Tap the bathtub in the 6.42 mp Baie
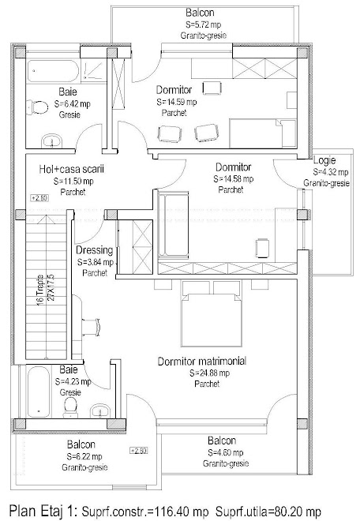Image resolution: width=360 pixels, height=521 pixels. pyautogui.click(x=53, y=71)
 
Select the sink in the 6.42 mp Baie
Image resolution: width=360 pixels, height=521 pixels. pyautogui.click(x=52, y=141)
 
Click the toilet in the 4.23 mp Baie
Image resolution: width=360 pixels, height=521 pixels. pyautogui.click(x=70, y=407)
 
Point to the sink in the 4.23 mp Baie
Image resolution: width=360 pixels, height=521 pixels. pyautogui.click(x=99, y=410)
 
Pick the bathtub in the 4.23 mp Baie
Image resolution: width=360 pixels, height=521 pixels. pyautogui.click(x=39, y=392)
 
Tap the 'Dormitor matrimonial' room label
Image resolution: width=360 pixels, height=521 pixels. pyautogui.click(x=202, y=362)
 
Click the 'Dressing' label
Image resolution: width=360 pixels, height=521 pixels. pyautogui.click(x=95, y=250)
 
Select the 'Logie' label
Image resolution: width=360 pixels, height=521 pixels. pyautogui.click(x=324, y=160)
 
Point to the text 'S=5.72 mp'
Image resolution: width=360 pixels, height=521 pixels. pyautogui.click(x=203, y=24)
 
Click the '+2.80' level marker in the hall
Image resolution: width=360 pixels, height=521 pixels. pyautogui.click(x=40, y=198)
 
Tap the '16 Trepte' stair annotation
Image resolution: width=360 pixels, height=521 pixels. pyautogui.click(x=40, y=290)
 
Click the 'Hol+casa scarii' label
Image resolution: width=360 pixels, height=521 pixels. pyautogui.click(x=72, y=169)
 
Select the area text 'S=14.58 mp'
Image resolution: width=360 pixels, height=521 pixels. pyautogui.click(x=234, y=179)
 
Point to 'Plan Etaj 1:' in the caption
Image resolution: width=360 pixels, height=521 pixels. pyautogui.click(x=43, y=511)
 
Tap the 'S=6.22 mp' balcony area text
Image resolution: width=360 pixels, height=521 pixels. pyautogui.click(x=84, y=456)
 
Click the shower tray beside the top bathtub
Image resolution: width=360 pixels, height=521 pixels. pyautogui.click(x=94, y=70)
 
